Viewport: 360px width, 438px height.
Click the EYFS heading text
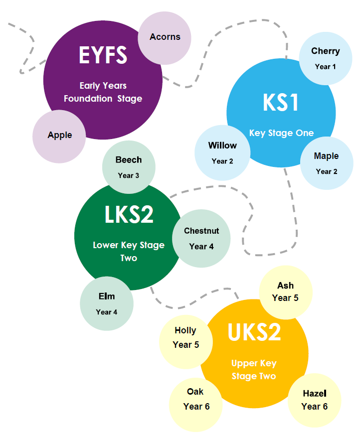103,55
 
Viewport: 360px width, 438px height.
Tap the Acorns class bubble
165,38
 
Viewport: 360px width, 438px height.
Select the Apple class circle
59,137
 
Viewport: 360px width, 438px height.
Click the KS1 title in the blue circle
281,103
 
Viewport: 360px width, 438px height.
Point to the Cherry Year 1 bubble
326,58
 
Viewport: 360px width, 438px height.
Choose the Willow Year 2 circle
222,153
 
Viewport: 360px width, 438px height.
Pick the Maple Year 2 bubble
327,163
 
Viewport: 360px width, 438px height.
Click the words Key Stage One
281,133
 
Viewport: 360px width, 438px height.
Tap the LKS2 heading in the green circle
129,214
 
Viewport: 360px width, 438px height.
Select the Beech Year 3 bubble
129,167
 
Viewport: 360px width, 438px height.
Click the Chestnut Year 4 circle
201,239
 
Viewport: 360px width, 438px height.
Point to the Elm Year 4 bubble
107,303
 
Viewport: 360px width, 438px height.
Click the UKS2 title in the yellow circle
254,332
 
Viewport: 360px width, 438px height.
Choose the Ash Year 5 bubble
286,292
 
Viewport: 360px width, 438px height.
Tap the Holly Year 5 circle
186,342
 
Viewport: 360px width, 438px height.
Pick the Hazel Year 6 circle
315,400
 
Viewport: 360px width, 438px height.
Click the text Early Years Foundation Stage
103,92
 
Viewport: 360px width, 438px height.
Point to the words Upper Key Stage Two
254,370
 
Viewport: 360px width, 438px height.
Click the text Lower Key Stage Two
129,252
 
